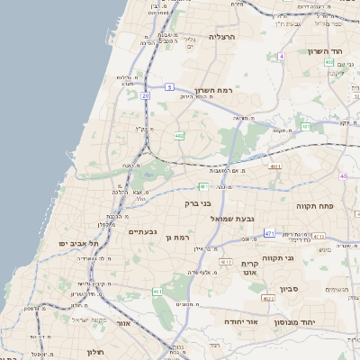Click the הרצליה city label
[221, 37]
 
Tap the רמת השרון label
[213, 92]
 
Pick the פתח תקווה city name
[314, 206]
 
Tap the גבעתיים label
[143, 231]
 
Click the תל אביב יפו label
[78, 244]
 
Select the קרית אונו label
[250, 267]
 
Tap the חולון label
[95, 352]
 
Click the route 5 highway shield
[168, 87]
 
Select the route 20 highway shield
[145, 94]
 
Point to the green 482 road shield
[180, 136]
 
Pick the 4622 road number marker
[268, 298]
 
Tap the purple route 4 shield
[281, 56]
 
